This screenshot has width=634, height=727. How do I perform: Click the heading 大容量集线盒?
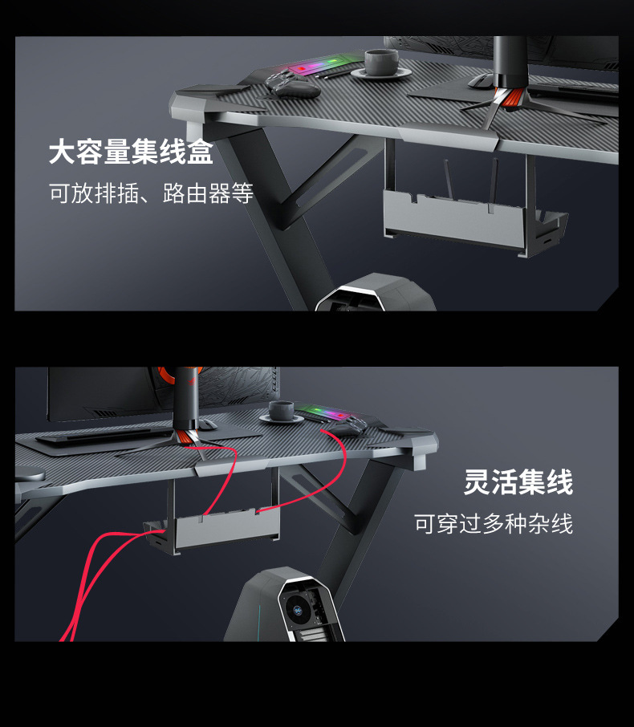pyautogui.click(x=131, y=151)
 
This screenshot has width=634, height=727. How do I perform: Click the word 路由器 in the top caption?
pyautogui.click(x=196, y=193)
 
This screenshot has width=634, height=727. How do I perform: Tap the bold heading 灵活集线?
pyautogui.click(x=518, y=483)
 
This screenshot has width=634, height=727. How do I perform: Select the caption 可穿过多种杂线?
pyautogui.click(x=494, y=524)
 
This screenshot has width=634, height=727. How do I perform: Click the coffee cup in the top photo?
pyautogui.click(x=380, y=63)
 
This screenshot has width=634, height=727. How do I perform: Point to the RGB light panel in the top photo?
pyautogui.click(x=312, y=69)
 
